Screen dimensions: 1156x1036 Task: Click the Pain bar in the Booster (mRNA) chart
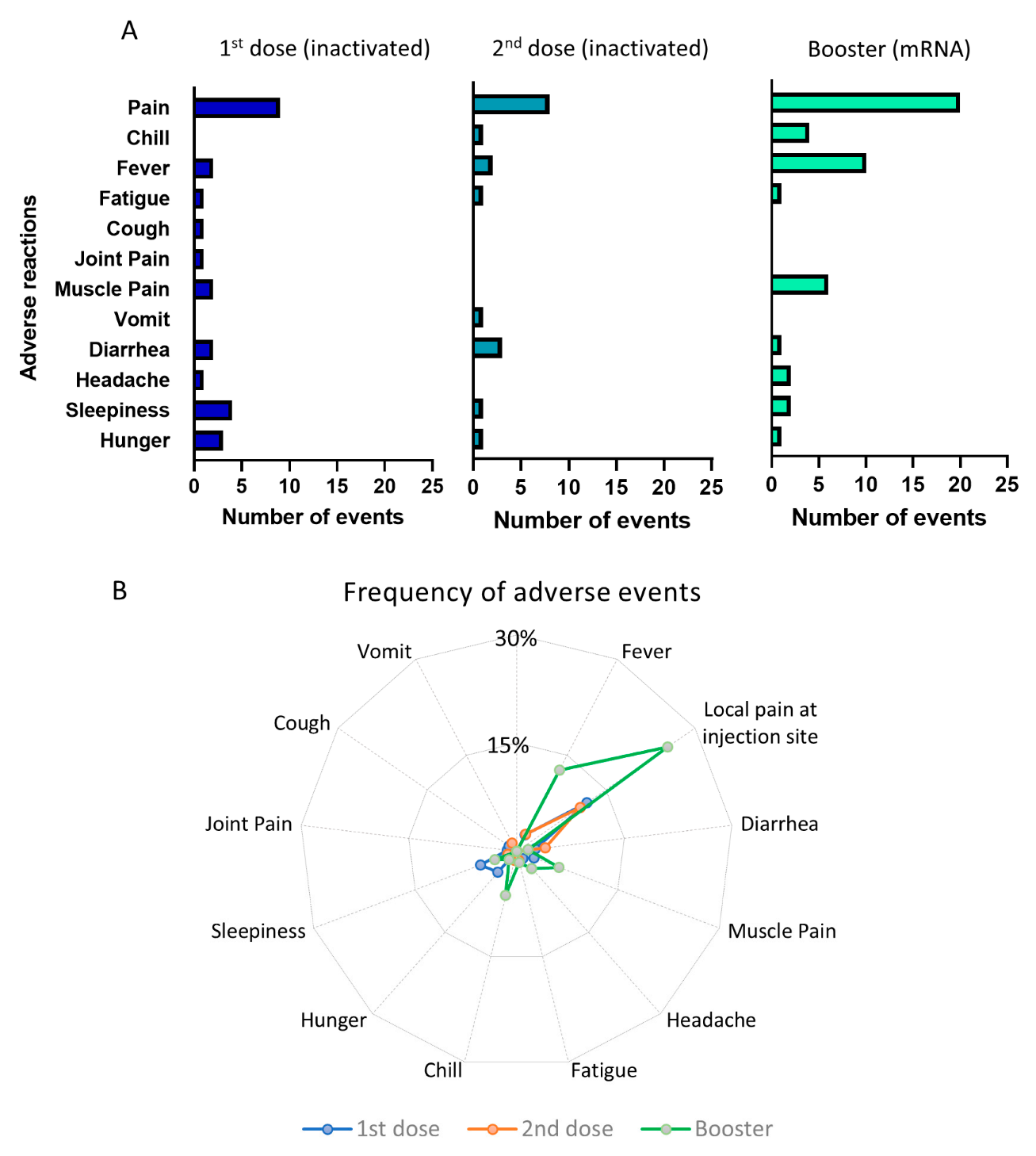865,102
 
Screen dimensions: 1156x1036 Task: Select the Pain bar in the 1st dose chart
236,108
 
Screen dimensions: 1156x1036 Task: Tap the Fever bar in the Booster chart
818,163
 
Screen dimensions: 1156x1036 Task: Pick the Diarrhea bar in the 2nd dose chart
487,347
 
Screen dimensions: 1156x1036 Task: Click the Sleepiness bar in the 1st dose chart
212,410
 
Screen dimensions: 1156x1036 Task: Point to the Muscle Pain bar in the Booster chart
799,285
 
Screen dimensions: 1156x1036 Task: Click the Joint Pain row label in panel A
122,259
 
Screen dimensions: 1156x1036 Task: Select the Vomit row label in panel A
142,320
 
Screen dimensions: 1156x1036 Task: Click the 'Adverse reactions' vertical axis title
29,287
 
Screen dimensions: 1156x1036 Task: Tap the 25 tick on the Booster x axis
1006,484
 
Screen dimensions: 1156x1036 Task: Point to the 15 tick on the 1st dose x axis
337,486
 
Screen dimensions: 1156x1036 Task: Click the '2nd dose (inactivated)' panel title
600,48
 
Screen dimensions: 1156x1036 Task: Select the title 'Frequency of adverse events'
522,592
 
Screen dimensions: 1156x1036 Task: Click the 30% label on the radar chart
516,638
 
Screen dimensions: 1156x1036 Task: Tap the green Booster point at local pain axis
667,747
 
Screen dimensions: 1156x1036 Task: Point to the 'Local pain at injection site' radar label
759,722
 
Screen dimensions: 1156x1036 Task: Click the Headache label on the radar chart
711,1020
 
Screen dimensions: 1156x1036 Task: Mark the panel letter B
120,591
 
